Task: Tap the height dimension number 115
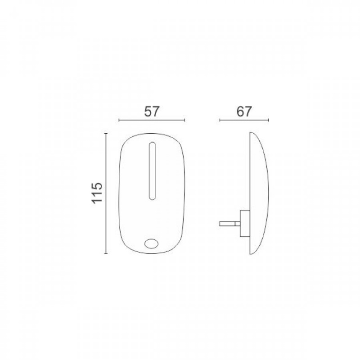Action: [x=98, y=193]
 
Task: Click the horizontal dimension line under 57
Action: [x=152, y=121]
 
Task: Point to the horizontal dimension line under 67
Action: [x=243, y=121]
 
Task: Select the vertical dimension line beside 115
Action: [x=106, y=193]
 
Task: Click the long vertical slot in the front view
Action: [x=152, y=171]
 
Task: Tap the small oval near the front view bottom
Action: [x=152, y=243]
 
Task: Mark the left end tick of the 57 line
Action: [x=118, y=121]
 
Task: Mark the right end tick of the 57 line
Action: [x=184, y=121]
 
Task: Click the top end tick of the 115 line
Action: [x=106, y=134]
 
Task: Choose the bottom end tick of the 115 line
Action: [x=106, y=253]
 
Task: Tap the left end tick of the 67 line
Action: [x=219, y=121]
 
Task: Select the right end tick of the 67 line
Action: [x=268, y=121]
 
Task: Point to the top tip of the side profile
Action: [x=250, y=134]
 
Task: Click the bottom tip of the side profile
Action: [x=250, y=254]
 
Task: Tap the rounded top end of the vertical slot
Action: [x=152, y=145]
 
